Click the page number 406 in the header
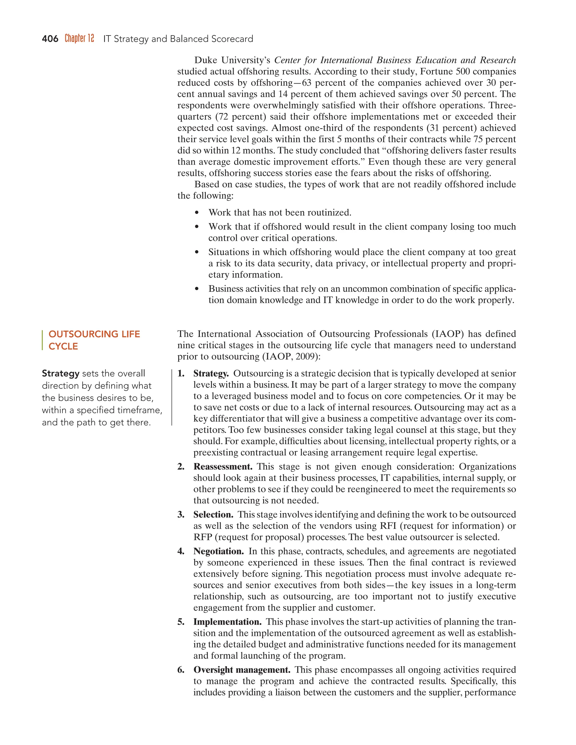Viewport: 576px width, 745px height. click(50, 39)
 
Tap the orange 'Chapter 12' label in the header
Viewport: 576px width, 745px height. click(79, 38)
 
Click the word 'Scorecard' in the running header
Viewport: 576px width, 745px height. click(232, 39)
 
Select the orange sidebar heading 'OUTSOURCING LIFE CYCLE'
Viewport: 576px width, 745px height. click(94, 340)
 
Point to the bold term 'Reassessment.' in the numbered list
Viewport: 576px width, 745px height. click(223, 466)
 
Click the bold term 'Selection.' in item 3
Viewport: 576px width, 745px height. click(213, 514)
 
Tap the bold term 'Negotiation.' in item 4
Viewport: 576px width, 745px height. click(218, 551)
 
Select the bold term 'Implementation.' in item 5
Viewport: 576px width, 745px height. click(227, 622)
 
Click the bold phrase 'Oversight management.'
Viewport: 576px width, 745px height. click(242, 670)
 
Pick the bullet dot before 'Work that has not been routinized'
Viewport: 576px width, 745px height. click(197, 213)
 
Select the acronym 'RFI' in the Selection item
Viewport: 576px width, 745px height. click(388, 526)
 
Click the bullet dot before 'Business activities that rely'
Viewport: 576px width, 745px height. click(197, 289)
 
